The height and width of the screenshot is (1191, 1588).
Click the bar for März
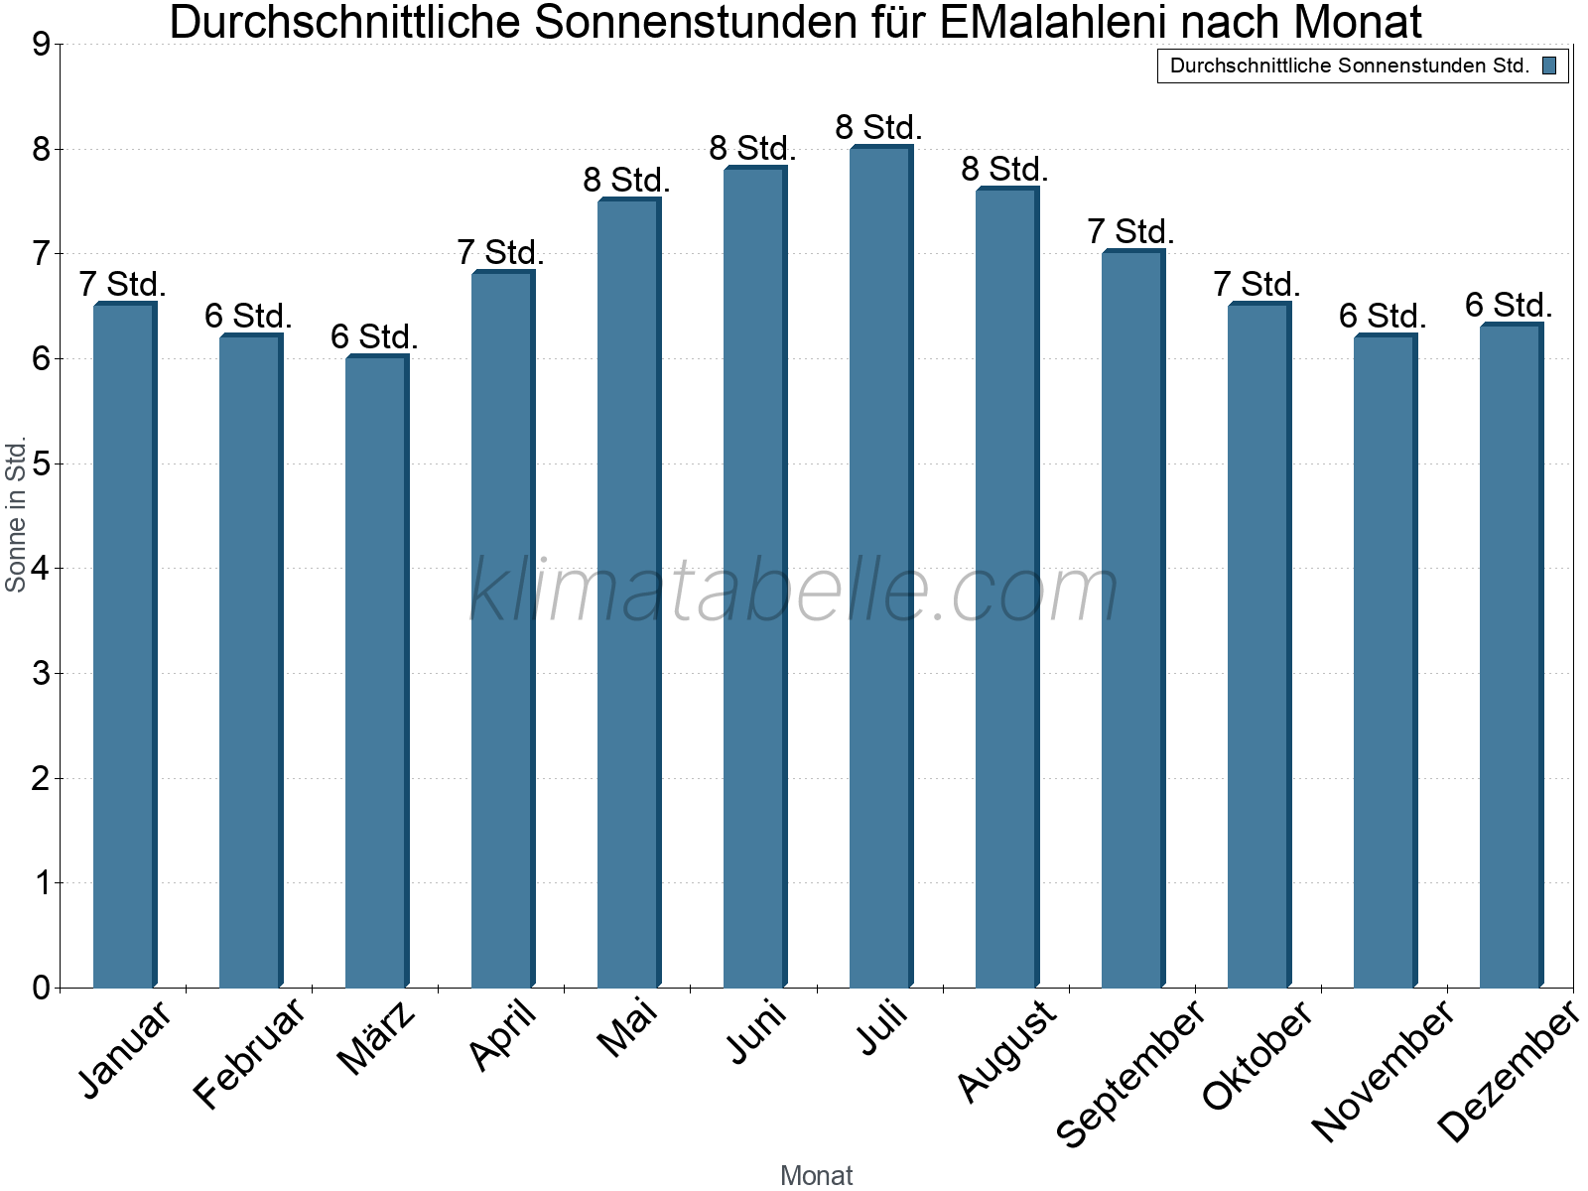click(376, 671)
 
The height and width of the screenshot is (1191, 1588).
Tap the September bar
click(1132, 618)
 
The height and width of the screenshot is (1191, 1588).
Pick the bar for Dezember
click(1511, 655)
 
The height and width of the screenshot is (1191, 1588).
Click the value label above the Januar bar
click(122, 285)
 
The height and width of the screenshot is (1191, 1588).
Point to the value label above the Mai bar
click(626, 181)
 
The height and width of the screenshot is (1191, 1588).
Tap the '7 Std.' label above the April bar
click(500, 253)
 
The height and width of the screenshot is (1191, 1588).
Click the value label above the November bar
click(1383, 317)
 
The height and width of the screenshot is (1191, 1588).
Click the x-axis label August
click(1008, 1050)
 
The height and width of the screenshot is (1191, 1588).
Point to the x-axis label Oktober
click(1258, 1055)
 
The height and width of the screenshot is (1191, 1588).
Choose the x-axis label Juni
click(758, 1031)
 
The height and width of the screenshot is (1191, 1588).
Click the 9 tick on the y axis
click(41, 45)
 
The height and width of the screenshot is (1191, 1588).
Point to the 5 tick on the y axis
click(41, 463)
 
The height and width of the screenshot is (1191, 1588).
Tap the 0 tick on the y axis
click(41, 988)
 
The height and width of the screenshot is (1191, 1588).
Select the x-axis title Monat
click(816, 1175)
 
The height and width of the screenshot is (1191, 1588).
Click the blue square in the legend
click(1549, 66)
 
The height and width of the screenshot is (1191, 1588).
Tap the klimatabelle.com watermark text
click(794, 591)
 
